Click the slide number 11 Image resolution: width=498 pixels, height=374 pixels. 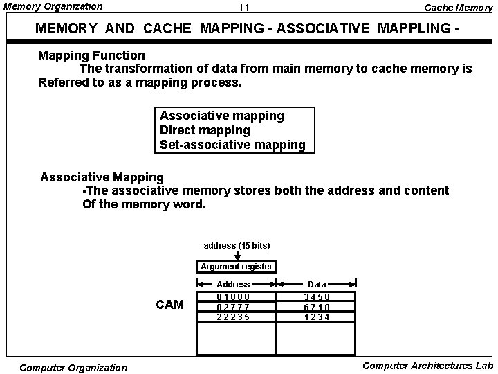[x=243, y=8]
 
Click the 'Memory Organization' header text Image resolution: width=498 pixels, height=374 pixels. [x=53, y=6]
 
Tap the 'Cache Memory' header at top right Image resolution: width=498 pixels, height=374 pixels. [x=457, y=7]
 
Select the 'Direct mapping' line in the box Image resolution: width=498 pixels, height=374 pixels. [x=205, y=130]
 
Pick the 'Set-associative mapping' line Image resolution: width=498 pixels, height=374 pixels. [x=232, y=145]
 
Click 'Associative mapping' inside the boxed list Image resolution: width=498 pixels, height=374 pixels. [x=221, y=116]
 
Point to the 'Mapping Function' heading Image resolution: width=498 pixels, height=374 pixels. [x=91, y=55]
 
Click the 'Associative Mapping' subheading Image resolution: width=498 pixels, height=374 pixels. [x=102, y=177]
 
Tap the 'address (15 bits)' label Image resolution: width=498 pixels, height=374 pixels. [x=237, y=246]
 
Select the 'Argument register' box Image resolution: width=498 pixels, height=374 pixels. [x=237, y=267]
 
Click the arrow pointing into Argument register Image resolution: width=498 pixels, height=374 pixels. [x=237, y=256]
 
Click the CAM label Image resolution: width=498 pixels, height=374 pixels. [x=169, y=305]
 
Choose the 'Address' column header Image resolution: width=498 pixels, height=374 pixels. [x=233, y=284]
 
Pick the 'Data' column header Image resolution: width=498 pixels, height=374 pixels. [x=317, y=284]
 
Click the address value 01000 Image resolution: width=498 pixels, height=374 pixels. [x=233, y=296]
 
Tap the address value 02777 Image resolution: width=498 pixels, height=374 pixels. [x=233, y=307]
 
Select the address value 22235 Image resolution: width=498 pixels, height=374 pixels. [x=233, y=317]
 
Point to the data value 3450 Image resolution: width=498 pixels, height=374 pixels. [x=317, y=296]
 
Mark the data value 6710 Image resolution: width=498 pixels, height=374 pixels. [x=317, y=307]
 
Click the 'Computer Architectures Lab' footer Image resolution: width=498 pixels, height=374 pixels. [x=427, y=366]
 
